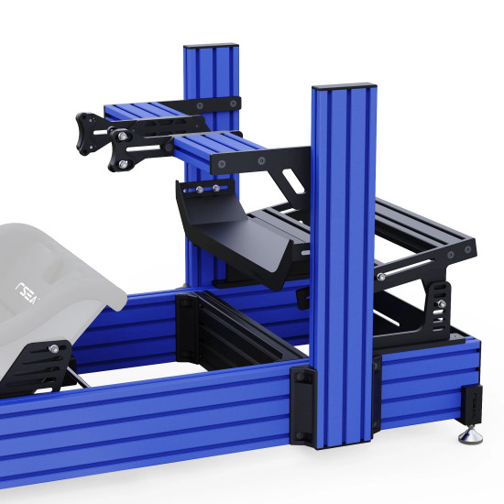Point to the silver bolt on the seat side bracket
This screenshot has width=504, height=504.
point(56,348)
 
